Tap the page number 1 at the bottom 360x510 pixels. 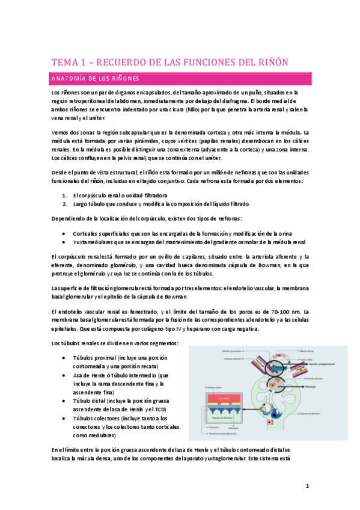(307, 486)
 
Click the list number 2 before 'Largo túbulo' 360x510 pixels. (64, 204)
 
